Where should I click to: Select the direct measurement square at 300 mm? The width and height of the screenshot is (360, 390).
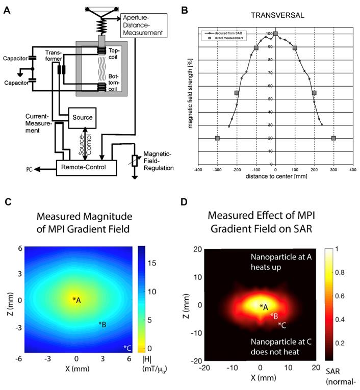(x=333, y=138)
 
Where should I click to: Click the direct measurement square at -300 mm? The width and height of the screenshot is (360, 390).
(x=217, y=138)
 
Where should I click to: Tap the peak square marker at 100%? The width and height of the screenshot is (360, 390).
(x=275, y=34)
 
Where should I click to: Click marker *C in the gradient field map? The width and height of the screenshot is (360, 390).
(x=127, y=348)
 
